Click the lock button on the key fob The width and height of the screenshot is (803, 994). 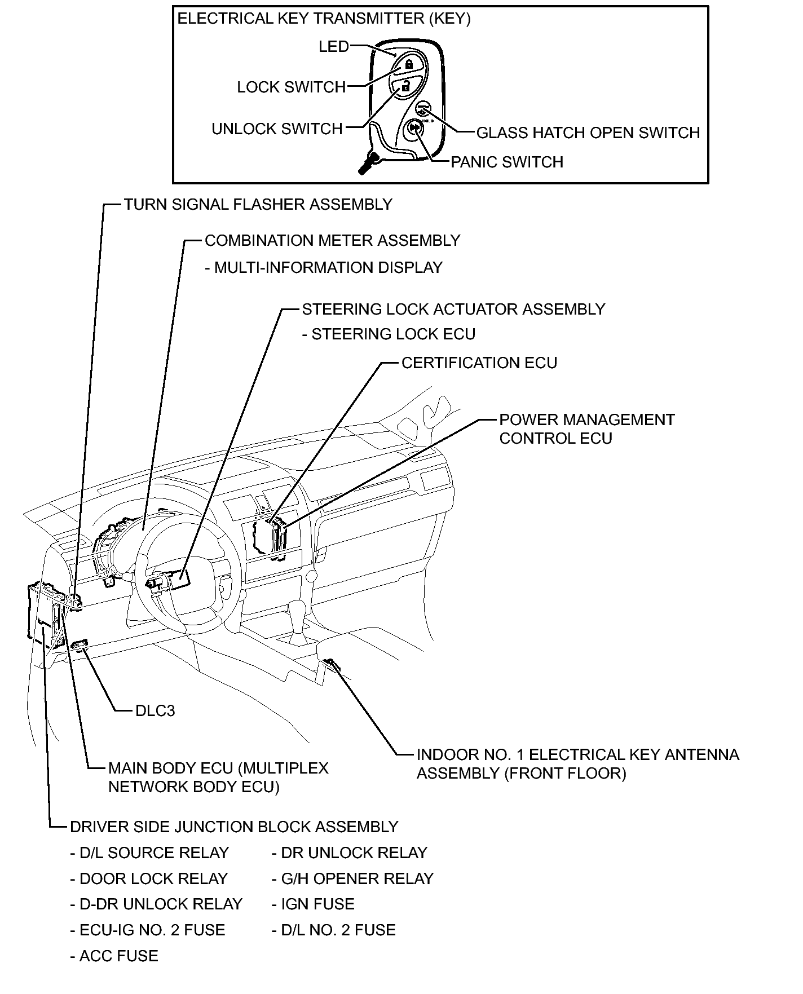tap(409, 64)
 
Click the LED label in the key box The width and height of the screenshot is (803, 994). tap(334, 47)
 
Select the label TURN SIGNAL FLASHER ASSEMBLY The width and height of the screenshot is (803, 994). tap(258, 205)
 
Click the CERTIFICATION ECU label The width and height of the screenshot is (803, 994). tap(479, 363)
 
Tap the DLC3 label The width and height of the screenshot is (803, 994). tap(155, 711)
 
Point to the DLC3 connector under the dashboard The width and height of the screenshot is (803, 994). tap(80, 644)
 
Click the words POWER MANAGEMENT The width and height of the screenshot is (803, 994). tap(586, 420)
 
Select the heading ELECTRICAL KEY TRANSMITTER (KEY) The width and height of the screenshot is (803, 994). tap(324, 19)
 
